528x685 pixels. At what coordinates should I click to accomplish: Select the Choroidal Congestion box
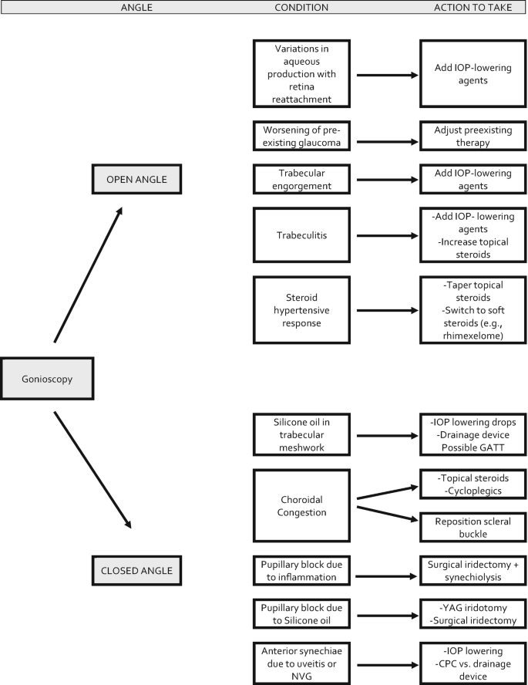(301, 504)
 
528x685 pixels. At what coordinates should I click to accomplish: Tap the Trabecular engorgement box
(301, 180)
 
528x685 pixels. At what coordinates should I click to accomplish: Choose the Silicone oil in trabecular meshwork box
(301, 433)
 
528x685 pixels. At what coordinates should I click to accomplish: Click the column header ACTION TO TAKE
(471, 7)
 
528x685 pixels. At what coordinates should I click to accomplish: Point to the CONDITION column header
(301, 7)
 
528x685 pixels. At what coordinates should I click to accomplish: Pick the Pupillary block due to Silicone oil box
(301, 616)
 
